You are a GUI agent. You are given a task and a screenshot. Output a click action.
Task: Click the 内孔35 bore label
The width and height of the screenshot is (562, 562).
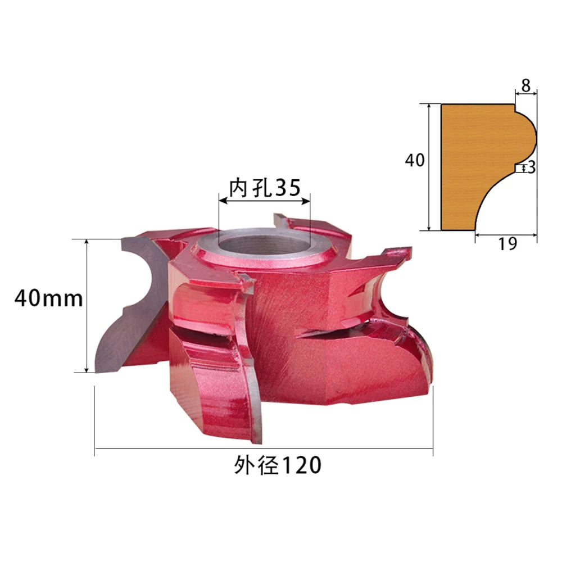265,187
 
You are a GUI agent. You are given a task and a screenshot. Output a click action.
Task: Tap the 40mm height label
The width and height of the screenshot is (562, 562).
48,298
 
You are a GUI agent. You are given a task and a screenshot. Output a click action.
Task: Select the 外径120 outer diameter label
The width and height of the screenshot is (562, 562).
278,465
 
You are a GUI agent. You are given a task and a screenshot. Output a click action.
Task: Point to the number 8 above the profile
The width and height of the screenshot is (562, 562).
526,85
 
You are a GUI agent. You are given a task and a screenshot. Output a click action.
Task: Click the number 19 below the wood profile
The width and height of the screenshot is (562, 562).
507,244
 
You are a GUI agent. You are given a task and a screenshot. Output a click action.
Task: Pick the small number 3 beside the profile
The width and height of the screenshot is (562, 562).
532,167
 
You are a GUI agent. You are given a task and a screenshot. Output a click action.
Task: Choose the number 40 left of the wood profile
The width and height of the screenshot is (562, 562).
415,160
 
